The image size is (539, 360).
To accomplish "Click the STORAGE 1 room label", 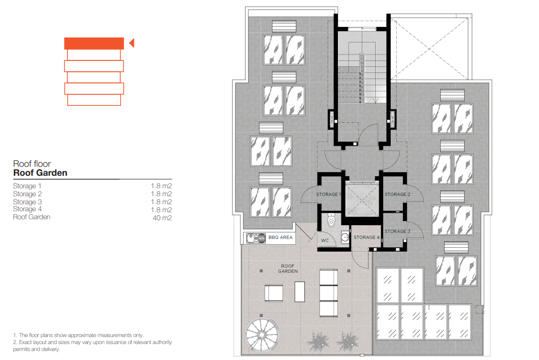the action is point(328,194).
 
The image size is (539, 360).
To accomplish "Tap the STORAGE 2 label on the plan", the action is point(397,194).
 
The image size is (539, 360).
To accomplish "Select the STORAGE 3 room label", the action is point(397,231).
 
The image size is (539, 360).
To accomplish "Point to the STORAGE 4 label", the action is point(366,237).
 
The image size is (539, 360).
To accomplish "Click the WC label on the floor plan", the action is point(325,240).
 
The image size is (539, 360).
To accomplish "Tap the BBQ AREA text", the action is point(280,237).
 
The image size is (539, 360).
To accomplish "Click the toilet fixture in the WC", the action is point(331,220).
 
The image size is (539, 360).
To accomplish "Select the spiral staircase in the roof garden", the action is point(262,335).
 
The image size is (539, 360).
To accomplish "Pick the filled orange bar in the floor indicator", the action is point(94,43).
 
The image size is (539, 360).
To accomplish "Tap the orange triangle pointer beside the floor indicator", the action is point(132,43).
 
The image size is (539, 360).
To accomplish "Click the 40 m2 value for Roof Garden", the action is point(162,218).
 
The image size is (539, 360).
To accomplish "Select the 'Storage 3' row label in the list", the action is point(27,202).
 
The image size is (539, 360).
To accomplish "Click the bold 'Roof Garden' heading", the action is point(40,173).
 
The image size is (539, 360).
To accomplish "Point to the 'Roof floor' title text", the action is point(32,164).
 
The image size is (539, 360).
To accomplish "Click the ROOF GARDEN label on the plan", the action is point(288,269).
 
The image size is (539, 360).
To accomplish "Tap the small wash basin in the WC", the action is point(344,237).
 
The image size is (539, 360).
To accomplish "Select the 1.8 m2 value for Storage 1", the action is point(161,186).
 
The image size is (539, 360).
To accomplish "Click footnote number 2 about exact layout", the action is point(92,346).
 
